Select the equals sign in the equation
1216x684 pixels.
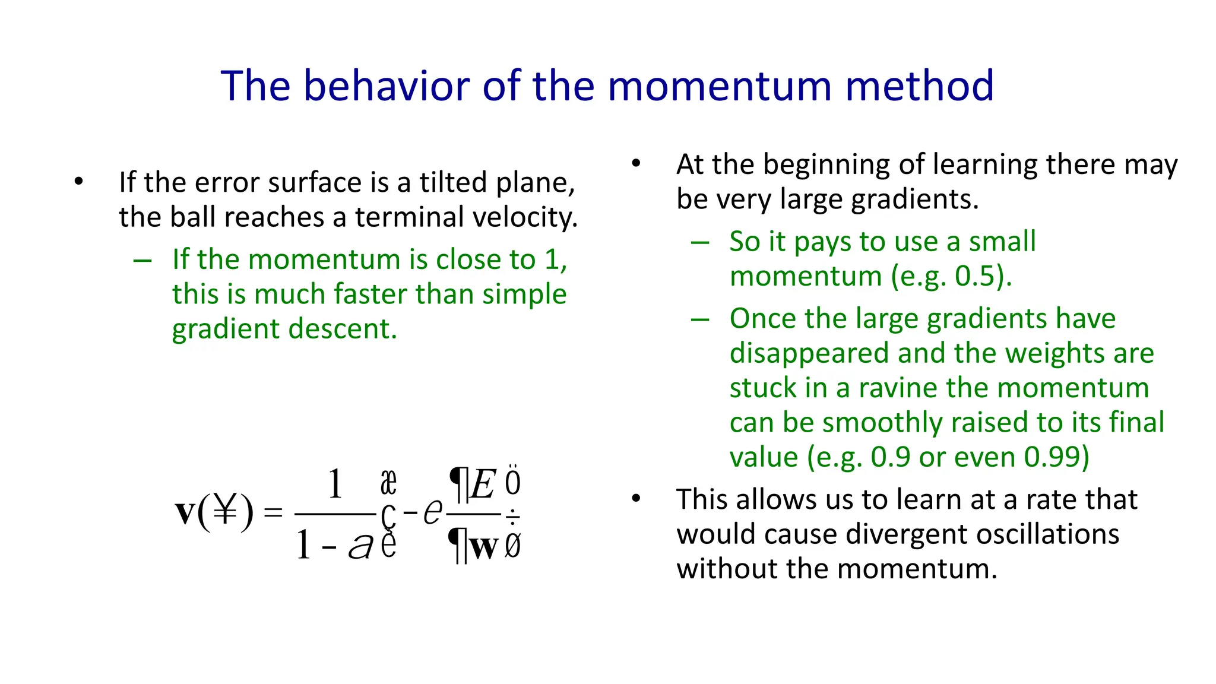pos(273,512)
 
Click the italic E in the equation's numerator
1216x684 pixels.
pos(483,484)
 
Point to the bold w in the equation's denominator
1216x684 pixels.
pos(483,547)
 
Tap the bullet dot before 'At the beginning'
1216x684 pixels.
pos(636,163)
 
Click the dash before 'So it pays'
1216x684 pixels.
pos(700,242)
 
